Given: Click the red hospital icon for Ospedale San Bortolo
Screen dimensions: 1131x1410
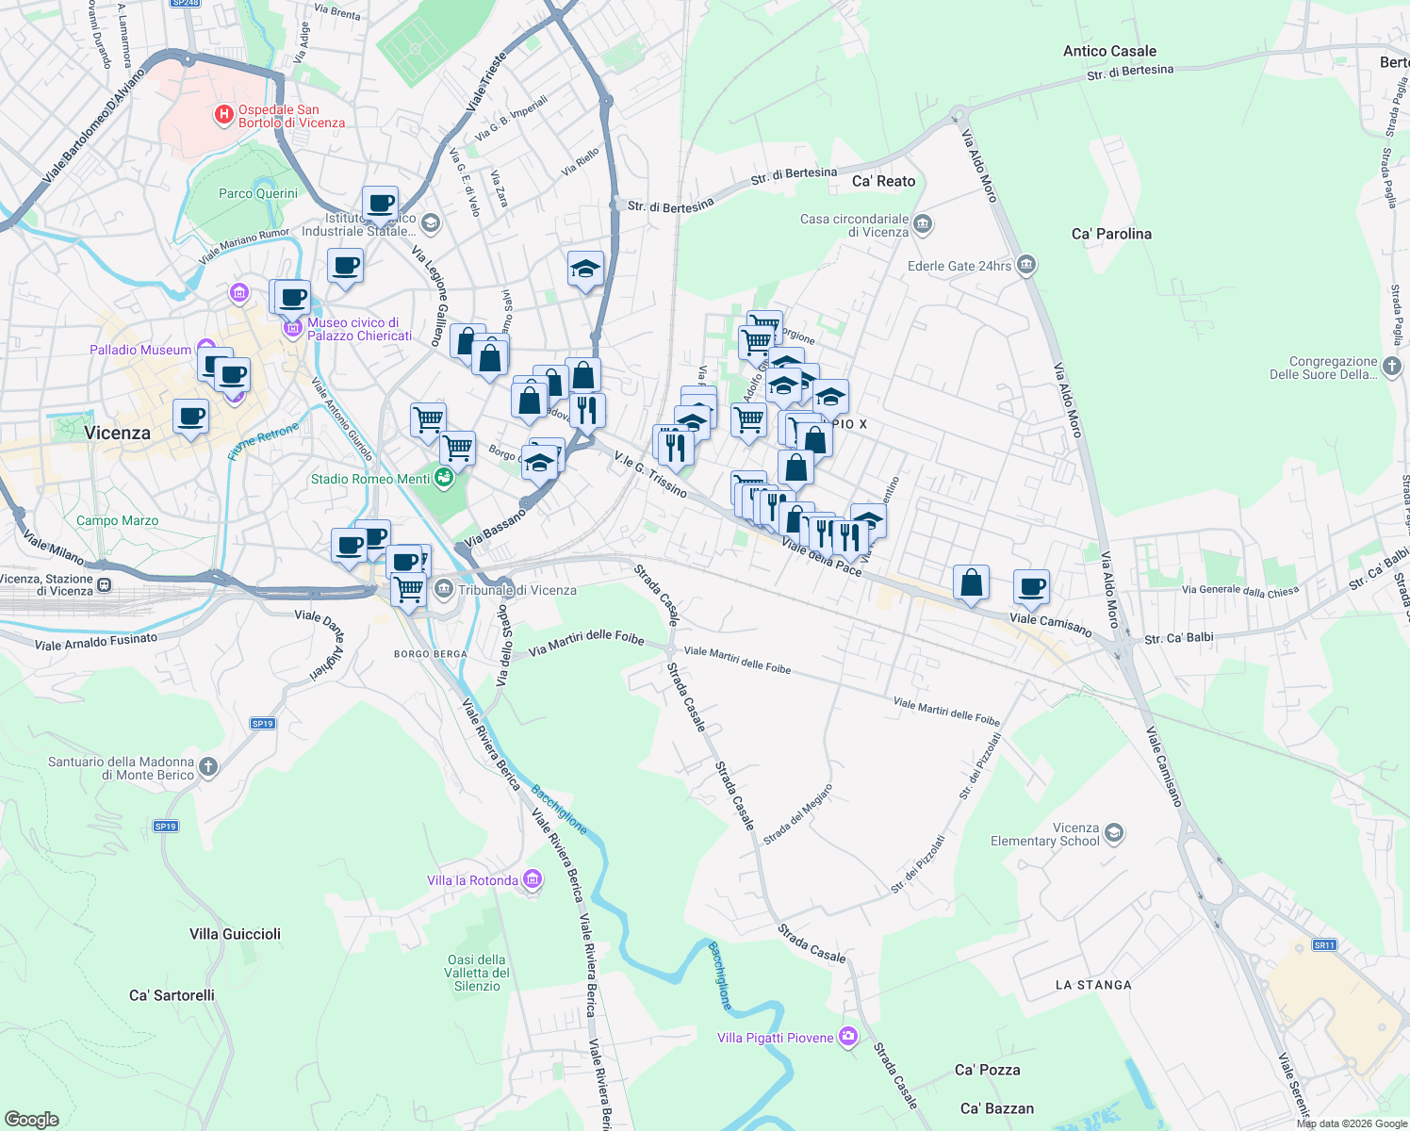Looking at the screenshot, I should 224,115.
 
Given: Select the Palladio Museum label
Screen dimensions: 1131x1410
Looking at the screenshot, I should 140,350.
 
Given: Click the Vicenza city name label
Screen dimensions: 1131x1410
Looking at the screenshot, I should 117,433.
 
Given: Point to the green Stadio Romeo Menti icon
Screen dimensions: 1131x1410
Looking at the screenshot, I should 444,478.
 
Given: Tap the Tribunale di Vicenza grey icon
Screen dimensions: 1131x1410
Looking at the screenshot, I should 444,590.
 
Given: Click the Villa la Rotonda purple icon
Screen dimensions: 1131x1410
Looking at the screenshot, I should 533,879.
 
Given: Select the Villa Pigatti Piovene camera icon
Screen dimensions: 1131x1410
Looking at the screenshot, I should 848,1037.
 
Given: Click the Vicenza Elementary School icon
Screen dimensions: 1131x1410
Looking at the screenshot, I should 1114,832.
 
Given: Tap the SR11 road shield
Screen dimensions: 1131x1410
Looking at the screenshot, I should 1324,944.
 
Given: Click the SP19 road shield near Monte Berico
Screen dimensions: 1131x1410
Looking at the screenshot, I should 165,826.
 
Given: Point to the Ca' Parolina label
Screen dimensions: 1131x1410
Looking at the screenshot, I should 1111,234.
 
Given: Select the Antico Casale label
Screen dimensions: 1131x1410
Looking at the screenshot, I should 1109,51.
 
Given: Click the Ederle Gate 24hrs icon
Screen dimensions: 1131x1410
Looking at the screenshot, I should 1026,265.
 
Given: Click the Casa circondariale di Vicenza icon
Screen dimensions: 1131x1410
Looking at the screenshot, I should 923,223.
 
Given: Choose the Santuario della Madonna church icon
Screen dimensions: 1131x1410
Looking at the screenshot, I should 208,767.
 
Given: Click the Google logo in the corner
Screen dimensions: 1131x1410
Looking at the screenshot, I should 32,1119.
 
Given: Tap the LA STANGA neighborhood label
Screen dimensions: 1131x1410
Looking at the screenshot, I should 1093,985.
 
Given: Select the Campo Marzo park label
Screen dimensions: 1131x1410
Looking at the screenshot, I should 117,520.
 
